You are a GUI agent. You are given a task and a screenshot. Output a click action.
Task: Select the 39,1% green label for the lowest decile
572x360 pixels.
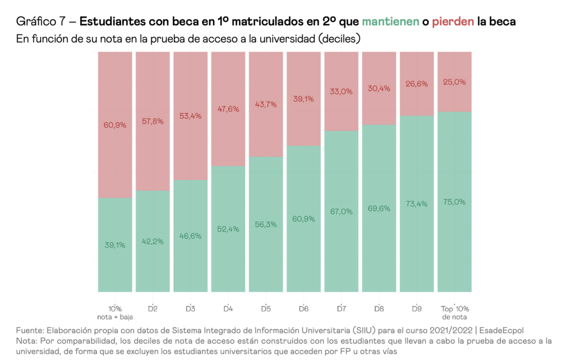[115, 245]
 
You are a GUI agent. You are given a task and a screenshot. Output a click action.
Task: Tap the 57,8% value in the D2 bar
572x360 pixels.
[153, 121]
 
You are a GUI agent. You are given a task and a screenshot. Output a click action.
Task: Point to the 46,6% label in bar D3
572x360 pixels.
[190, 236]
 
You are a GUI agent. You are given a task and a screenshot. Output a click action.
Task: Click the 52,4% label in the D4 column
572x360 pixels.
[228, 229]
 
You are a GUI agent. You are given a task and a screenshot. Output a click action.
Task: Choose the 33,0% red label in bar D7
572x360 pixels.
[341, 91]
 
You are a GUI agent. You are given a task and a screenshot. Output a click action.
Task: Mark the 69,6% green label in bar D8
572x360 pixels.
[379, 208]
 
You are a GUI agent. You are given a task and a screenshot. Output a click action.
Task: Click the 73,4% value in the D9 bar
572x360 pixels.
[416, 204]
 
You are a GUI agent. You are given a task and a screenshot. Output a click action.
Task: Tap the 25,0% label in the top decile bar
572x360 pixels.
[454, 82]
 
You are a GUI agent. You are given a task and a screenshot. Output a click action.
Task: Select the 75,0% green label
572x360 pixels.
[454, 202]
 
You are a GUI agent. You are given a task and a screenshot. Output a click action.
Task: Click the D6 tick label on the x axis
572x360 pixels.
[303, 308]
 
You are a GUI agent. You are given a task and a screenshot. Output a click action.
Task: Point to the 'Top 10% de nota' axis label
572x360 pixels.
[454, 312]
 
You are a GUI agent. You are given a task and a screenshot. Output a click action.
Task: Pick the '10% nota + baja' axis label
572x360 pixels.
[115, 312]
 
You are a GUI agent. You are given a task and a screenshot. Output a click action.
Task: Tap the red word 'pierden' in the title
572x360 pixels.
[453, 22]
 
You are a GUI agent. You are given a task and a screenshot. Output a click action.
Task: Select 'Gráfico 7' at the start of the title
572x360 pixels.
[41, 22]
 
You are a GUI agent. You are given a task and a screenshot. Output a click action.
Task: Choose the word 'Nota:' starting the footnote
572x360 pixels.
[27, 340]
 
